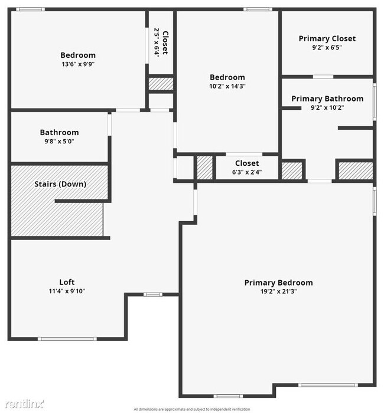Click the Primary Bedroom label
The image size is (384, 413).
point(278,283)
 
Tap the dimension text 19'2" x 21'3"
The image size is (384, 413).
point(278,291)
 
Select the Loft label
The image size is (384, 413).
point(67,282)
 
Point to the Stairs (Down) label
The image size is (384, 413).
point(59,184)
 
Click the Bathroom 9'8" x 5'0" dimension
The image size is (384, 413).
point(59,141)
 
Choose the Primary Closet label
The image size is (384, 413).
point(327,38)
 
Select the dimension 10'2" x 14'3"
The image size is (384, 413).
point(227,86)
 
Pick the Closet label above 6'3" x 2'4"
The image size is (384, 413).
point(247,163)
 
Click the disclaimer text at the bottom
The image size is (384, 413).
point(192,409)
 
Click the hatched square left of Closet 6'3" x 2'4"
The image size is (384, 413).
point(204,167)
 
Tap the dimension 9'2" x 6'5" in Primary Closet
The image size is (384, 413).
point(327,47)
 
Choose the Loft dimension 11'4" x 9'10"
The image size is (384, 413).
point(67,290)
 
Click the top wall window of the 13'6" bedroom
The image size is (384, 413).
point(30,9)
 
